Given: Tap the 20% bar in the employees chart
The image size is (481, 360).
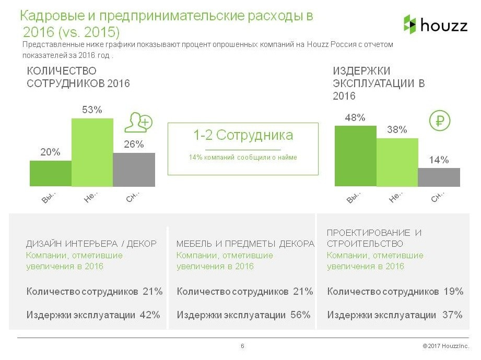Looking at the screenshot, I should click(x=50, y=173).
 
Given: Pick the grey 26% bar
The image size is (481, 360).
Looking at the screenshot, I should click(x=134, y=170).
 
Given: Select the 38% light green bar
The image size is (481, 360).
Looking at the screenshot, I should click(x=397, y=162).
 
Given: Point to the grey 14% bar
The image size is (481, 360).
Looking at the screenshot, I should click(x=439, y=177).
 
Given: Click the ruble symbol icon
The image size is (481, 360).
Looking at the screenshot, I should click(x=439, y=121).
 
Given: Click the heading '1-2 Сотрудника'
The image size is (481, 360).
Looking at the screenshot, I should click(x=243, y=136).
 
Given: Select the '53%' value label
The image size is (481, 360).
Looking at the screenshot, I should click(x=92, y=110).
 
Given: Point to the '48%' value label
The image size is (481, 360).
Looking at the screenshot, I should click(x=355, y=118).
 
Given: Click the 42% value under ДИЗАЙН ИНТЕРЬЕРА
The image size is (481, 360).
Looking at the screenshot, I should click(x=150, y=315).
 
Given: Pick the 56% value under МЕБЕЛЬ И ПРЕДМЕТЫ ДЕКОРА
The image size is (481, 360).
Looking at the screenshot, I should click(x=300, y=315).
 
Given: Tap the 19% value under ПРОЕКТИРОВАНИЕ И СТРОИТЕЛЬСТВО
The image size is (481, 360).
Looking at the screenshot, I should click(x=453, y=292).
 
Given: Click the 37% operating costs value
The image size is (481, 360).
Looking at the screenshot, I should click(x=452, y=315).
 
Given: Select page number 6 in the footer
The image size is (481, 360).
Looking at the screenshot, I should click(x=242, y=346).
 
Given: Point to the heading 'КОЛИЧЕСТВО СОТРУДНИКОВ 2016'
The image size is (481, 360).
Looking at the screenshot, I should click(x=78, y=77).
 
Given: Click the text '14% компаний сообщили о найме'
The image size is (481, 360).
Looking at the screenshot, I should click(x=243, y=157).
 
